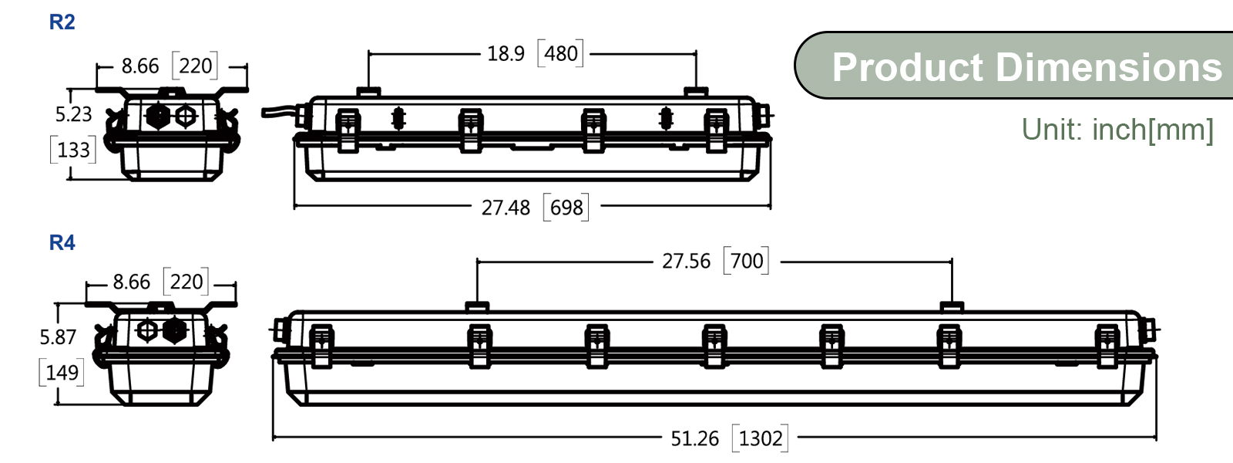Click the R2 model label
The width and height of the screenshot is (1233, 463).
click(62, 22)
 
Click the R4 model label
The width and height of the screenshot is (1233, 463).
click(62, 243)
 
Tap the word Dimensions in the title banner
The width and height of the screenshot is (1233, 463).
click(1109, 68)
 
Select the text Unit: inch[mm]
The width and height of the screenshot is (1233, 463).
click(1117, 130)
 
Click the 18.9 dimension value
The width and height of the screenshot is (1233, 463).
click(506, 54)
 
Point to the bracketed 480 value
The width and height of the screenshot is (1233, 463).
click(560, 54)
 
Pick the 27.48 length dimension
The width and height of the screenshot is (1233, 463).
click(506, 208)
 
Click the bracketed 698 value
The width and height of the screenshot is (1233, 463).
click(566, 208)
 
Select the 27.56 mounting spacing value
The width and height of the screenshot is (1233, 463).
click(686, 262)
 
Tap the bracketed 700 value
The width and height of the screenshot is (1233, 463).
click(746, 262)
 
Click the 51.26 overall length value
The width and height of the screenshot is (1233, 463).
click(694, 439)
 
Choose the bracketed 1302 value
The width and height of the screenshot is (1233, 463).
click(761, 439)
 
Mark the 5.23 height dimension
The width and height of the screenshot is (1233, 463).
click(73, 115)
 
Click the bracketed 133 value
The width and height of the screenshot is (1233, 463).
click(73, 150)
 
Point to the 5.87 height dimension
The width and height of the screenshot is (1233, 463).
click(58, 337)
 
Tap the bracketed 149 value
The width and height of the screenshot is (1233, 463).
click(62, 373)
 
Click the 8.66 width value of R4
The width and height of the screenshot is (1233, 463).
click(131, 282)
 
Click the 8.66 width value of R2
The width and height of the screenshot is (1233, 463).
click(139, 66)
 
